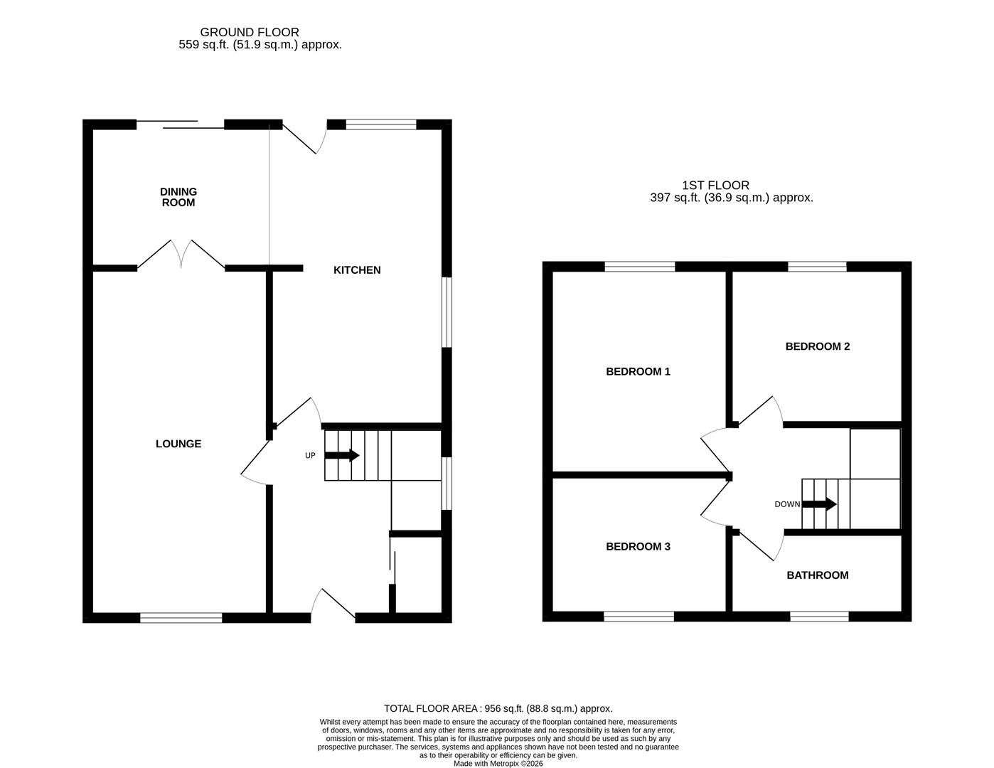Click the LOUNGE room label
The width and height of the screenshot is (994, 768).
(178, 444)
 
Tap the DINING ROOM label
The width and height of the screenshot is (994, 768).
(178, 197)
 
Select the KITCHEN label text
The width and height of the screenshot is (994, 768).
(357, 270)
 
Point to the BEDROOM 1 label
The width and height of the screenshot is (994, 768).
(638, 371)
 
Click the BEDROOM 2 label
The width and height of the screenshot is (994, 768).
(817, 346)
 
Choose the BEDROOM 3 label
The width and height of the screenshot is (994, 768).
(638, 546)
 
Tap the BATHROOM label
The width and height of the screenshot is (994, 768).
(817, 575)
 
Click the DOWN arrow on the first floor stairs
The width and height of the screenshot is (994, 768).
(819, 504)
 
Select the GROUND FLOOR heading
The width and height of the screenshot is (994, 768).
(250, 32)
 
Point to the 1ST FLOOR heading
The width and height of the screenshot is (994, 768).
(715, 186)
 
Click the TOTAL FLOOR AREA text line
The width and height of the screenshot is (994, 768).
(498, 708)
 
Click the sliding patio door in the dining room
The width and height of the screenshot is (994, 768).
(180, 124)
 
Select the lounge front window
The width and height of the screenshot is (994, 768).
(181, 617)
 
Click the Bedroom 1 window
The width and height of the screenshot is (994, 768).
(639, 267)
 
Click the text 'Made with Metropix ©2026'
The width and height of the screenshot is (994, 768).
(498, 764)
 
